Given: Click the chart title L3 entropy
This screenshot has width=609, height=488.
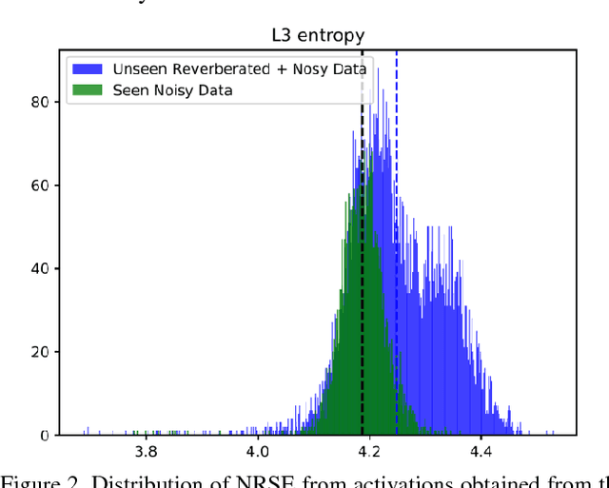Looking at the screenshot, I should pos(317,36).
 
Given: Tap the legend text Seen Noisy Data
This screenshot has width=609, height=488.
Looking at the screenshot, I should pos(172,90).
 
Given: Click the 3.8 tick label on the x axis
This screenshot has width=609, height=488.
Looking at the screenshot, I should pos(145,452).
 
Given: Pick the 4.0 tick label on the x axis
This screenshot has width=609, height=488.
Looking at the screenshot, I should pos(256,452).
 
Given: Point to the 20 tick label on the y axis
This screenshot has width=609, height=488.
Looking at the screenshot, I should pos(40,352).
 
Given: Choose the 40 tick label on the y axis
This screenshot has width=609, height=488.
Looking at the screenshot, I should pos(40,268).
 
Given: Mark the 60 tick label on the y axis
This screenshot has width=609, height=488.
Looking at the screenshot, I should pos(40,185).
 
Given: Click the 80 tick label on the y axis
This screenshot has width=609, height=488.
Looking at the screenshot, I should pos(40,101).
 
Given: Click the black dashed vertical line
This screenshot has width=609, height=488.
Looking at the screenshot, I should pos(362,238).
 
